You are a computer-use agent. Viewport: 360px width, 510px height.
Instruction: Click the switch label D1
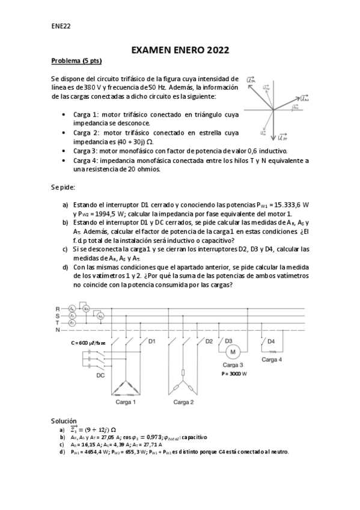[151, 341]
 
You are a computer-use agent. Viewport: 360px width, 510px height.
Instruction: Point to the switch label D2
[209, 341]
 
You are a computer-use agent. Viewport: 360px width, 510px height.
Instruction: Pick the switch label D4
[270, 341]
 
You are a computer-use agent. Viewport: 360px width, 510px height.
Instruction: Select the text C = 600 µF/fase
[88, 342]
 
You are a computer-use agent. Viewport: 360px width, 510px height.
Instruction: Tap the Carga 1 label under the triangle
[126, 402]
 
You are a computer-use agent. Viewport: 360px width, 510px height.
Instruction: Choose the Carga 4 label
[273, 360]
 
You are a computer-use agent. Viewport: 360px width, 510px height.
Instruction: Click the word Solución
[65, 420]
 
